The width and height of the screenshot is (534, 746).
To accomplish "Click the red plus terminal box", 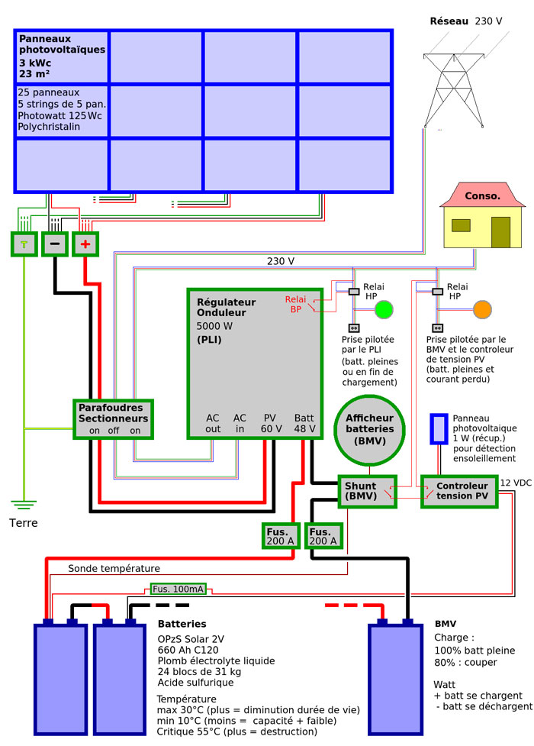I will click(x=85, y=244).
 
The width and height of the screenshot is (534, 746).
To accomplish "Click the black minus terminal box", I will click(x=54, y=244).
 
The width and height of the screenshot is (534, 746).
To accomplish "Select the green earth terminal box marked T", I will click(x=24, y=244).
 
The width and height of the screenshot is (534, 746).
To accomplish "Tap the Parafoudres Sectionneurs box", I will click(x=113, y=418).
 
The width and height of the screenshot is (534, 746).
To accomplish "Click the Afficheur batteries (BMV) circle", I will click(x=370, y=429).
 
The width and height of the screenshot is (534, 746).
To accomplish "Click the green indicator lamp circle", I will click(x=383, y=309).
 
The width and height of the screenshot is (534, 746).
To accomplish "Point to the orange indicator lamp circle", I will click(x=482, y=309).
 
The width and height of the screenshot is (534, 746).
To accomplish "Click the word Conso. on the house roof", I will click(x=482, y=195).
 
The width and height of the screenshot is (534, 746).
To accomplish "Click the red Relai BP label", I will click(x=295, y=304).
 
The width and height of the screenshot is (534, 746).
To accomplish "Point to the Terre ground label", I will click(x=24, y=523).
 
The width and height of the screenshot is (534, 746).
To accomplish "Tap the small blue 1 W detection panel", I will click(x=439, y=428).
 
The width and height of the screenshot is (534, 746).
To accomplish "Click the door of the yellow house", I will click(x=500, y=231).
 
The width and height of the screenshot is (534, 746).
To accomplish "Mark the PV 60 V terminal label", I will click(x=269, y=423).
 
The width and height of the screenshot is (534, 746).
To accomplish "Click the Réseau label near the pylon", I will click(x=449, y=21).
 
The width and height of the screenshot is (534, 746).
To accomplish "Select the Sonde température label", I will click(x=114, y=568).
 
